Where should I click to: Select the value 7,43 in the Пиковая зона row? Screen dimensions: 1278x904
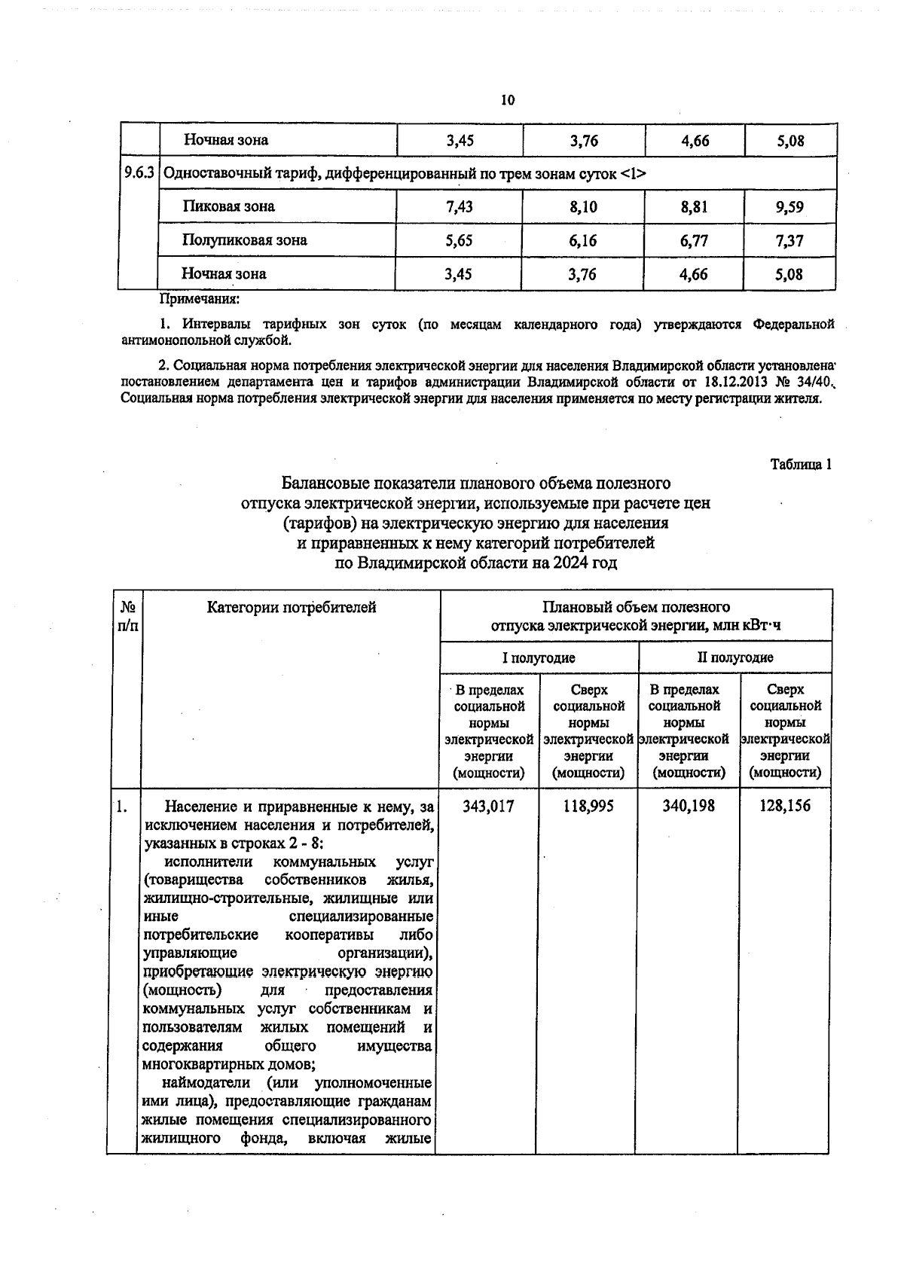tap(459, 206)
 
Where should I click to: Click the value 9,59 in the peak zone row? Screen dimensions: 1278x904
tap(789, 206)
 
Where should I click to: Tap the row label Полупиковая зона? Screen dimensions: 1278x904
tap(245, 240)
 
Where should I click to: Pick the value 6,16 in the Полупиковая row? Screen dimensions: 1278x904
tap(583, 241)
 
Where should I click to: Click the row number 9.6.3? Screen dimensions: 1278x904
tap(139, 173)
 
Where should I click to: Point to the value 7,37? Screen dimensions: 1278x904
tap(789, 241)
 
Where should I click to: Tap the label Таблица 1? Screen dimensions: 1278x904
tap(800, 464)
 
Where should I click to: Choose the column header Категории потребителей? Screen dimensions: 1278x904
tap(291, 607)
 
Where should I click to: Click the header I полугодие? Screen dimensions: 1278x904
tap(539, 657)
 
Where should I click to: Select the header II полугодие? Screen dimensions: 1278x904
tap(734, 657)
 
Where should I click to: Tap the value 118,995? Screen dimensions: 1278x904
tap(588, 806)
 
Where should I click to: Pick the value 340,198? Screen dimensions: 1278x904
tap(689, 806)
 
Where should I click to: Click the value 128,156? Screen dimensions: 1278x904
tap(786, 806)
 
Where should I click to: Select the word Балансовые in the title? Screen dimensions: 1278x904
tap(328, 482)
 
